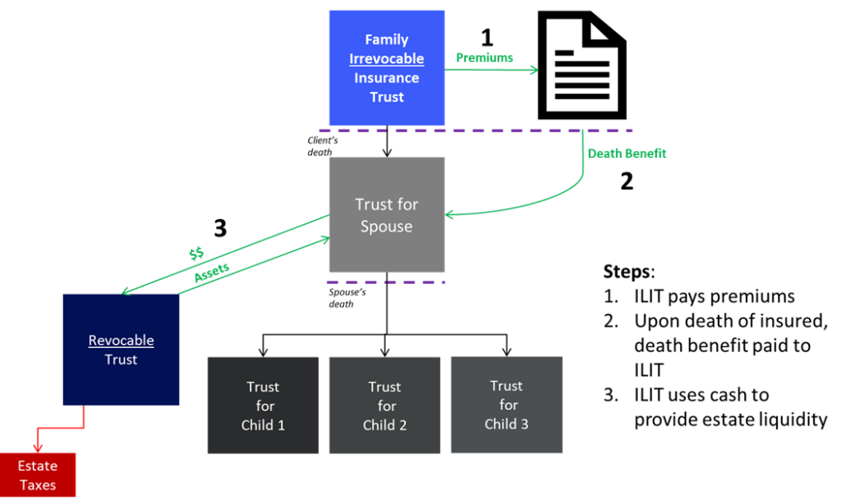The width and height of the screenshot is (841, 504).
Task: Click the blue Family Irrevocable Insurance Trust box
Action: pyautogui.click(x=386, y=67)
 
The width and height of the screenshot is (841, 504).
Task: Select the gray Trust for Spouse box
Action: pyautogui.click(x=386, y=215)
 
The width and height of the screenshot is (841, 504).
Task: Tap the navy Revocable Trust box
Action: pyautogui.click(x=121, y=350)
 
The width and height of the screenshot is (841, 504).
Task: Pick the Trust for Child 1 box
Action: pyautogui.click(x=263, y=405)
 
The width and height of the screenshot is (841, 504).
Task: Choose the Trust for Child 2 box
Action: pyautogui.click(x=384, y=405)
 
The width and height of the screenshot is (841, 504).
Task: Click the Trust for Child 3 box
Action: pyautogui.click(x=506, y=405)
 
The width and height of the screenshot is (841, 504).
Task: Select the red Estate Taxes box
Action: pyautogui.click(x=38, y=475)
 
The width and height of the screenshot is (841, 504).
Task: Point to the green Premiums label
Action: pyautogui.click(x=485, y=58)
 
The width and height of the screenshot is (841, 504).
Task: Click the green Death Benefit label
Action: pyautogui.click(x=627, y=153)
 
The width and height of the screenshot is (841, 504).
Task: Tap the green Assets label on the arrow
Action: pyautogui.click(x=211, y=273)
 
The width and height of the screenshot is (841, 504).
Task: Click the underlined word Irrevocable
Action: pyautogui.click(x=386, y=59)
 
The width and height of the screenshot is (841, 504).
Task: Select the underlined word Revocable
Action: pyautogui.click(x=121, y=341)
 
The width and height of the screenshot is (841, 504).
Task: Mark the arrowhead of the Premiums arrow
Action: pyautogui.click(x=534, y=70)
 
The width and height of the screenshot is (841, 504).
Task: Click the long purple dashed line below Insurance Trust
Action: pyautogui.click(x=476, y=131)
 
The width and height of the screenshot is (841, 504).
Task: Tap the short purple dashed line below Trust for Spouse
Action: pyautogui.click(x=386, y=282)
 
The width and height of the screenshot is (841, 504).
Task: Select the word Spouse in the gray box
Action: pyautogui.click(x=386, y=227)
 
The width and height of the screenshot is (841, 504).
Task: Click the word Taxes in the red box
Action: pyautogui.click(x=38, y=485)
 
